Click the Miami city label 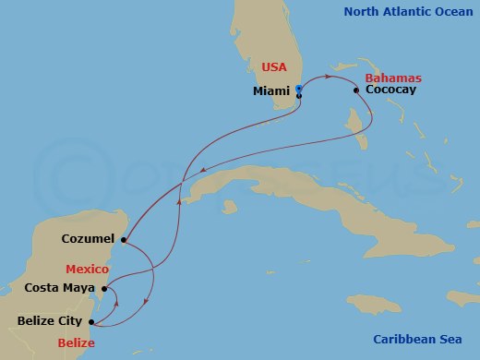[x=271, y=91]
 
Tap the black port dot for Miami [x=299, y=95]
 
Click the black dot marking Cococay [x=356, y=90]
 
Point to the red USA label [x=274, y=67]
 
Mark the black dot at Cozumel [x=123, y=242]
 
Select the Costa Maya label [x=61, y=289]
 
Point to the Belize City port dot [x=90, y=322]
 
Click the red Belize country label [x=76, y=342]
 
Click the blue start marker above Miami [x=299, y=89]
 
